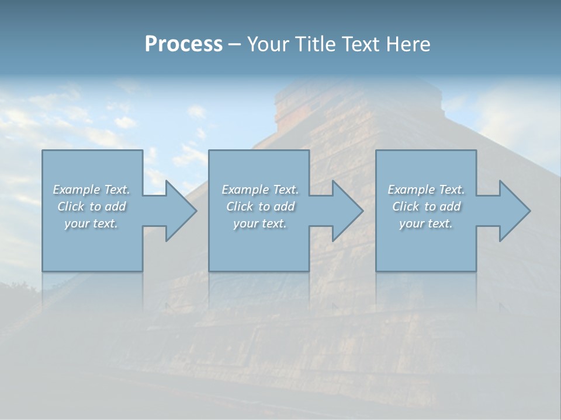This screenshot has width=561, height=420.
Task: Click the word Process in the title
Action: coord(183,44)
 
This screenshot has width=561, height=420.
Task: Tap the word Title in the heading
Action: coord(316,44)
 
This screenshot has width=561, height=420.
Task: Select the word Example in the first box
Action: coord(76,190)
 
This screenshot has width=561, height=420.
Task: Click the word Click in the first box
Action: coord(70,206)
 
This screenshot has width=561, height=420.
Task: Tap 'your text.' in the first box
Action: coord(91,223)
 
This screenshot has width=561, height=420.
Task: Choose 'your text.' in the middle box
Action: coord(259,223)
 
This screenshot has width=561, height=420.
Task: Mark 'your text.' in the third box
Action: coord(425,223)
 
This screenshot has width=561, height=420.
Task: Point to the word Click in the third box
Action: coord(406,206)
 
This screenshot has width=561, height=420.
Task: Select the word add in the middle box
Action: coord(284,206)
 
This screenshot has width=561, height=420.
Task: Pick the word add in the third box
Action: coord(450,206)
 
